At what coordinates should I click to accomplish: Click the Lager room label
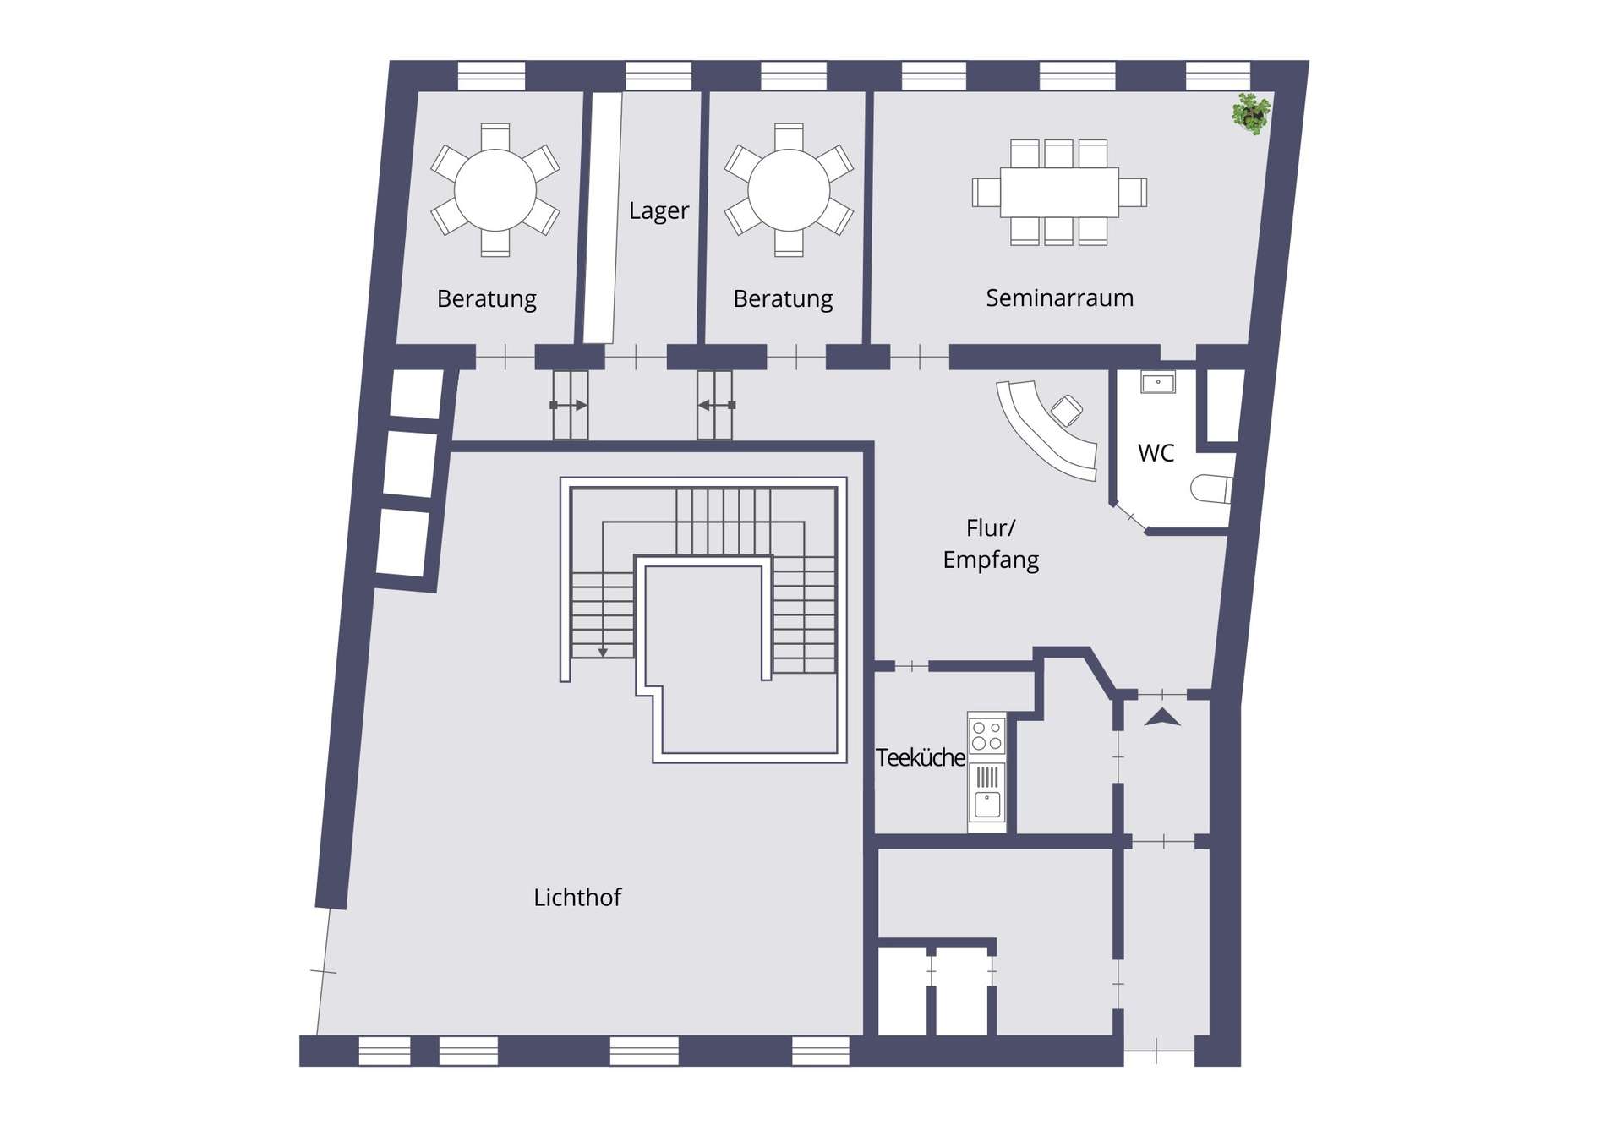(658, 211)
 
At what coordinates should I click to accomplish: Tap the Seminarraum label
(1059, 298)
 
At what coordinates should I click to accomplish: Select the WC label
(1156, 453)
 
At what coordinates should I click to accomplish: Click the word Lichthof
(577, 897)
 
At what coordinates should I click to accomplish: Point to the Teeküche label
(920, 757)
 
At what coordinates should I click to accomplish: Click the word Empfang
(991, 560)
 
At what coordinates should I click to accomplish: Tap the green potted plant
(1251, 113)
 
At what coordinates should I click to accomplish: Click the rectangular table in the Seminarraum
(1059, 192)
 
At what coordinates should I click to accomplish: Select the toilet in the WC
(1211, 489)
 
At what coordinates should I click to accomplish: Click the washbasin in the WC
(1157, 382)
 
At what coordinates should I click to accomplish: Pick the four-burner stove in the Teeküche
(986, 735)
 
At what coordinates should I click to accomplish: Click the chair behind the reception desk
(1067, 411)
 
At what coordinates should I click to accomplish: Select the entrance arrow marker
(1162, 718)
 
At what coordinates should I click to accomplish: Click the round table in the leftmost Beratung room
(495, 190)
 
